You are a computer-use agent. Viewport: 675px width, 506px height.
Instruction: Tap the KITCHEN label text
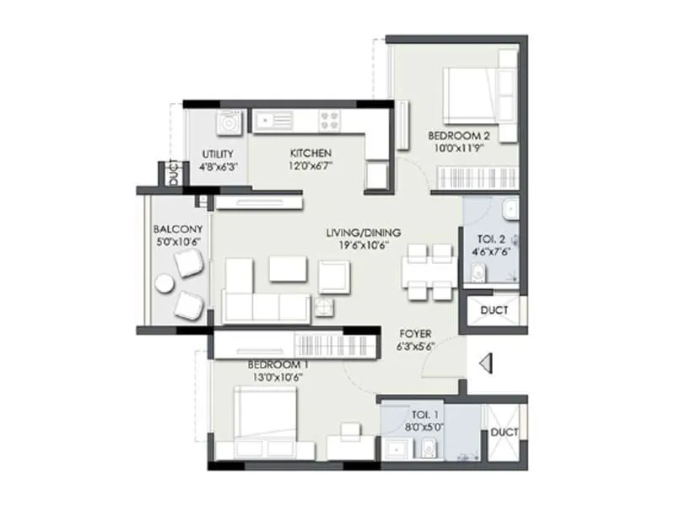tap(310, 153)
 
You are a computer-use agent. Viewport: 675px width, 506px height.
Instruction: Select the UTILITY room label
tap(218, 154)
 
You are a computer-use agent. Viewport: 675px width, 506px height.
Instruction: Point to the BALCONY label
tap(176, 229)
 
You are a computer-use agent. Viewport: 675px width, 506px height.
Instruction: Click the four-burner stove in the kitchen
tap(329, 121)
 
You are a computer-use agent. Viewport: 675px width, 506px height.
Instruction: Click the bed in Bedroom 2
tap(469, 94)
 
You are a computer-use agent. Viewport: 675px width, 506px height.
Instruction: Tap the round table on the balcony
tap(164, 285)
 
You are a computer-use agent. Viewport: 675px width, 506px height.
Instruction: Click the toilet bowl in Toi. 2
tap(478, 272)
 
